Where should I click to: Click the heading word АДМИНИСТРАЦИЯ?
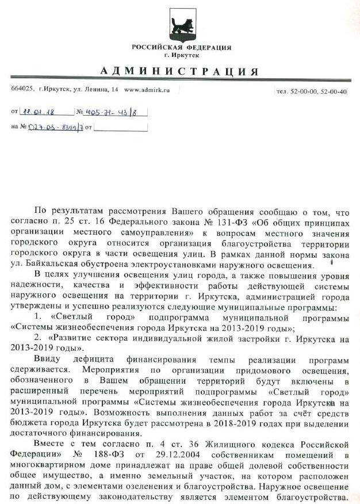click(180, 71)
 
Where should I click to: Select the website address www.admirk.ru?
click(147, 90)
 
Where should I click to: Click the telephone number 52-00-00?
click(306, 91)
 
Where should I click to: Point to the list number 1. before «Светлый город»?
click(39, 316)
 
